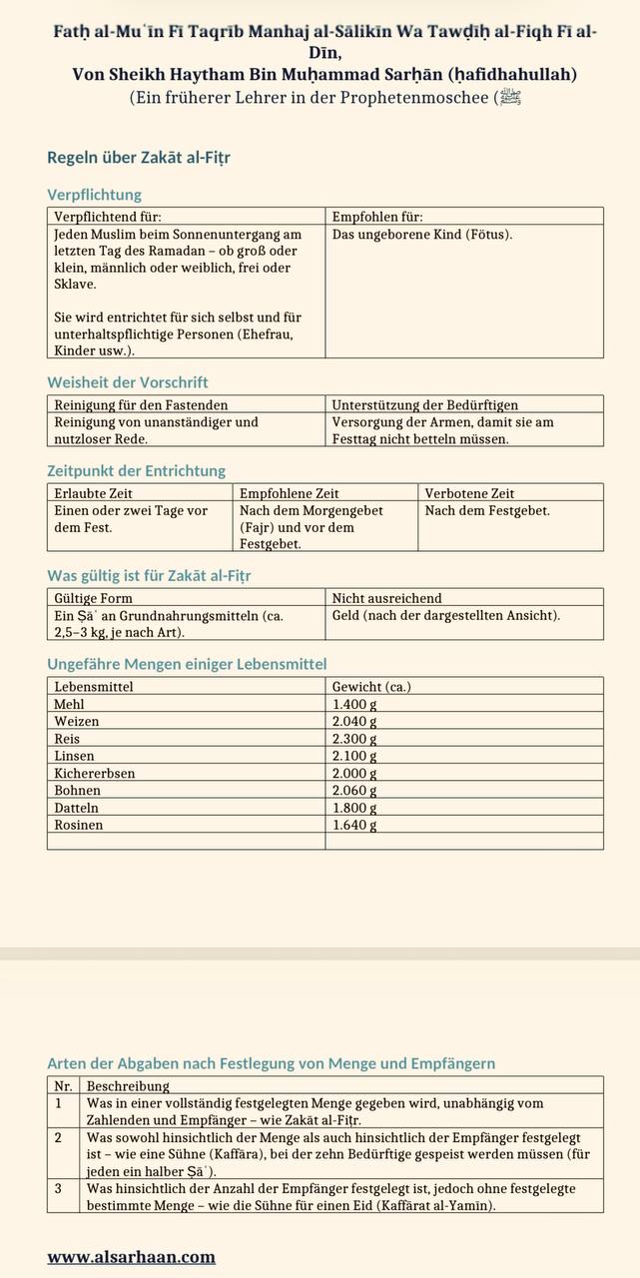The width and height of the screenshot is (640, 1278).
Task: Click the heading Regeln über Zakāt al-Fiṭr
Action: coord(139,158)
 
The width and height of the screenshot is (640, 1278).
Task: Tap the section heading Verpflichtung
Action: coord(95,195)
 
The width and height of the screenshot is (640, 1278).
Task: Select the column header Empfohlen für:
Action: coord(377,216)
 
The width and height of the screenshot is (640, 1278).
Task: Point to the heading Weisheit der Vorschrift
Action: coord(128,382)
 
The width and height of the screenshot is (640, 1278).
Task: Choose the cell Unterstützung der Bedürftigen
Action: coord(424,404)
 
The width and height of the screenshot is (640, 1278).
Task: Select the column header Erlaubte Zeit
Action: coord(93,493)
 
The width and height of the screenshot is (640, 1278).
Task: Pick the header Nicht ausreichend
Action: coord(386,598)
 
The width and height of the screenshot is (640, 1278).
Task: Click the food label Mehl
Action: coord(70,704)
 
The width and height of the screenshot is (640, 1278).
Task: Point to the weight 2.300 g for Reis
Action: coord(354,739)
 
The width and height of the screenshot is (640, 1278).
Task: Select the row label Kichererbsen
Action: coord(95,774)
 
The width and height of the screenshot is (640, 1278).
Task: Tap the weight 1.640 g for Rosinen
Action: coord(354,825)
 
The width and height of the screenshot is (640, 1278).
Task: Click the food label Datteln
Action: coord(77,808)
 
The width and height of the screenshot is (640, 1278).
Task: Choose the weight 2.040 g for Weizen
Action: coord(354,722)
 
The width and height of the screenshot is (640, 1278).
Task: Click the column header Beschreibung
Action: coord(128,1085)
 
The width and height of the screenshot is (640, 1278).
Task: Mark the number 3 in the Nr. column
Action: coord(59,1189)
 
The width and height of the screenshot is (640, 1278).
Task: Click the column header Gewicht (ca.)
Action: coord(371,687)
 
